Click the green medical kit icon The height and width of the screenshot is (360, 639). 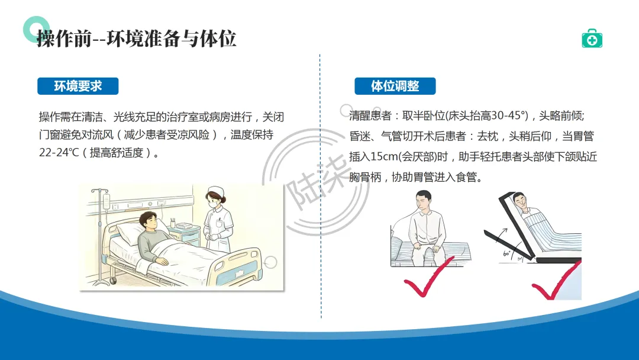pos(592,38)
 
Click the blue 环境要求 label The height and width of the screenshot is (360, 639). pos(78,86)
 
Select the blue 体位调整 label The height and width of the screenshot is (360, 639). pos(395,86)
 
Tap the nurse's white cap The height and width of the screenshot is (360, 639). pos(215,191)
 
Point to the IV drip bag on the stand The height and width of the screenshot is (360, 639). pos(106,201)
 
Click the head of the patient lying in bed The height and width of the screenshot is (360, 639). pos(149,222)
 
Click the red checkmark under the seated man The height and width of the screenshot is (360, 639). pos(428,277)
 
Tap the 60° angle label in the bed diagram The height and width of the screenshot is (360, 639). pos(506,253)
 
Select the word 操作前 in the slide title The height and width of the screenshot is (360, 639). pos(64,39)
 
